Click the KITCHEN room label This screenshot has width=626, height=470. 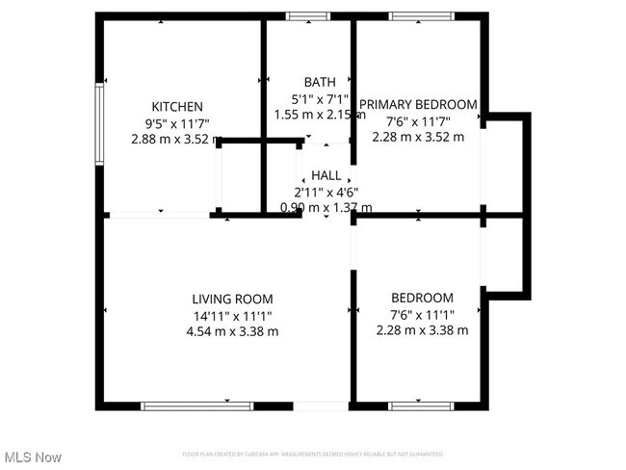[176, 106]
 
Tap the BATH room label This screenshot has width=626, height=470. [320, 82]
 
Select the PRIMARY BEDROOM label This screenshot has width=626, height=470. [418, 105]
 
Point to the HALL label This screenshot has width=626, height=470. [326, 175]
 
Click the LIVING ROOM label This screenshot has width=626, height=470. [232, 299]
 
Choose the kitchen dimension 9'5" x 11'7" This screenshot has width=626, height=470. [176, 122]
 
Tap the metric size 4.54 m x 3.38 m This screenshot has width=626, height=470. [232, 331]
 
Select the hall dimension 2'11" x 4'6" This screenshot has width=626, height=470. [326, 191]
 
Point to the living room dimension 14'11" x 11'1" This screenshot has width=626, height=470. [232, 315]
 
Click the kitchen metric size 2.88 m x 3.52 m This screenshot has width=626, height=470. [176, 139]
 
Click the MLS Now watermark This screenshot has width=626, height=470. [33, 456]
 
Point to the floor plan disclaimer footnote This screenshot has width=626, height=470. [313, 454]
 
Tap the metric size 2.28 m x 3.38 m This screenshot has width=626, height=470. [422, 330]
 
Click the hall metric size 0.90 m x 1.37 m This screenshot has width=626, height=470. [326, 207]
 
